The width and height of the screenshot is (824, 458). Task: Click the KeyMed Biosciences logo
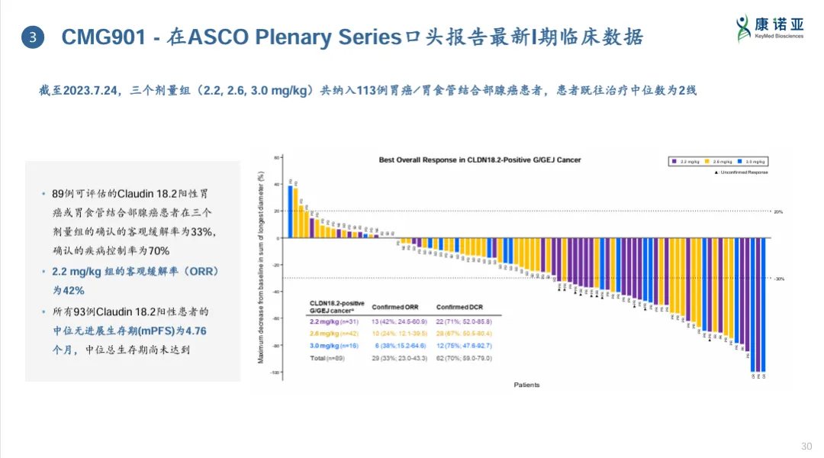click(769, 29)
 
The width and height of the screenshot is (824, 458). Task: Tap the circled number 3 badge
click(33, 36)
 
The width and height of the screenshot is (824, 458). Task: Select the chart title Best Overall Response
click(480, 160)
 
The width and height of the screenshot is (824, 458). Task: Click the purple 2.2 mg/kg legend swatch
click(674, 161)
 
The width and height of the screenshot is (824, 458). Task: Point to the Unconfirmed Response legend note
click(741, 173)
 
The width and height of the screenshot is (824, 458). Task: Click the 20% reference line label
click(779, 211)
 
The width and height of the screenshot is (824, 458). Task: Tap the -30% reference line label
click(779, 279)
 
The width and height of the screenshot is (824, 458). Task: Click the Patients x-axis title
click(526, 385)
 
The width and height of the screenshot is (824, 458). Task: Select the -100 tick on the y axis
click(275, 372)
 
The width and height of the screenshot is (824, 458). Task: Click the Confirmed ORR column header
click(394, 308)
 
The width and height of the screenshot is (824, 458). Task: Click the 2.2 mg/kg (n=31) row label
click(332, 321)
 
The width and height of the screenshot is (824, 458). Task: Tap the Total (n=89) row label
click(327, 358)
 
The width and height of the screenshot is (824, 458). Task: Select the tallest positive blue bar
click(290, 211)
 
